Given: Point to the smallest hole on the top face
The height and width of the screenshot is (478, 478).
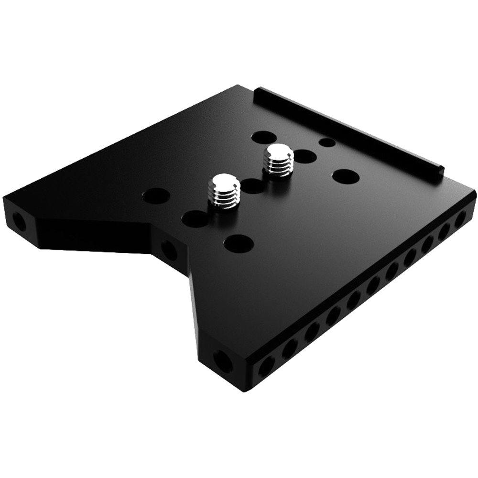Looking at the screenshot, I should click(x=326, y=142).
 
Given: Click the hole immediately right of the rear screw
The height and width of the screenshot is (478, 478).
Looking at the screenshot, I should click(x=304, y=155).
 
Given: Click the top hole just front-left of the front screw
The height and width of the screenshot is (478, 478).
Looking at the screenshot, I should click(x=193, y=218).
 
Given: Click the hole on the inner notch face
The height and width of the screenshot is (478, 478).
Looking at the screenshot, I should click(x=168, y=248).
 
